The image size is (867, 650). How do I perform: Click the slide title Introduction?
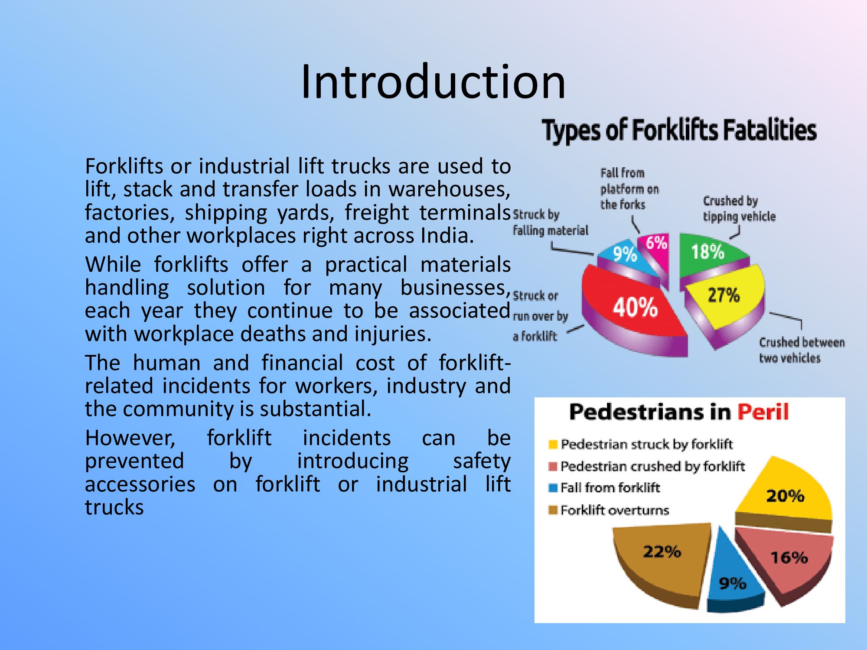click(x=433, y=81)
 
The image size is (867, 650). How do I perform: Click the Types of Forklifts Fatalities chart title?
click(x=679, y=130)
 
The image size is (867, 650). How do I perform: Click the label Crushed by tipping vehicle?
click(x=739, y=208)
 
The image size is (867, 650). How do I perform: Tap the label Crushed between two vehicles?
click(x=802, y=350)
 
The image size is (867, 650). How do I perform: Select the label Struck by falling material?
click(x=551, y=222)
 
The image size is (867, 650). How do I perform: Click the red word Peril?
click(x=763, y=412)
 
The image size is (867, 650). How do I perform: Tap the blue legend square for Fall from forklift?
click(x=553, y=488)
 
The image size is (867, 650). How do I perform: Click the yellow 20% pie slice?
click(x=785, y=494)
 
